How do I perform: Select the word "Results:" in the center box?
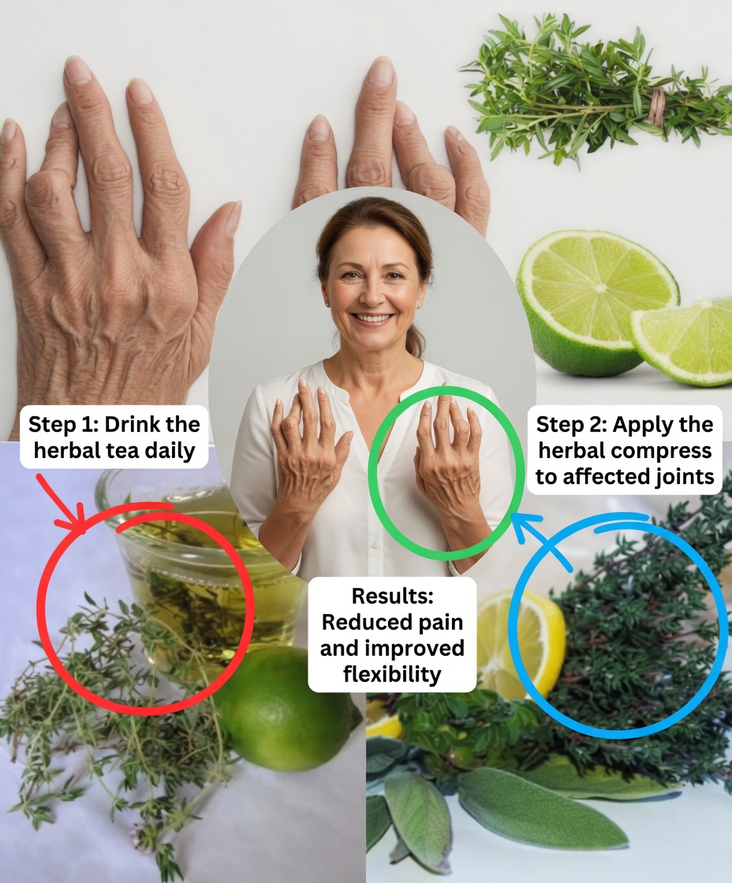coord(392,596)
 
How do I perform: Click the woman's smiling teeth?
coord(373,319)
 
